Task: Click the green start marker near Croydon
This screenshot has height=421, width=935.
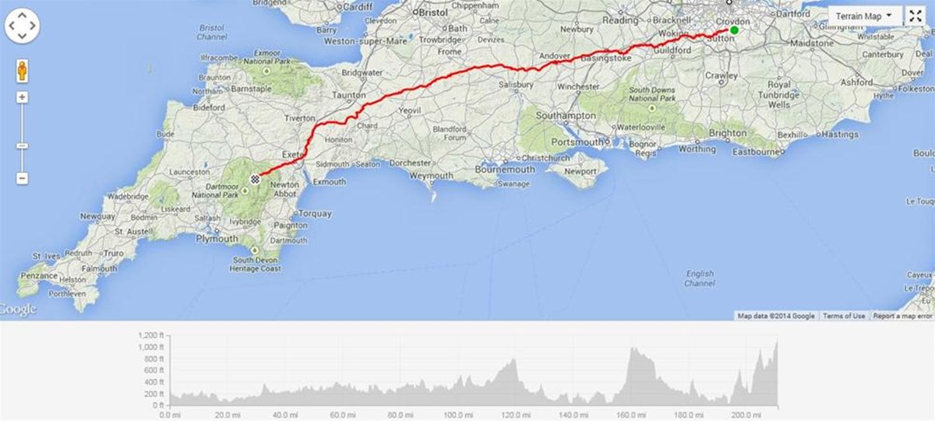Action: click(x=734, y=30)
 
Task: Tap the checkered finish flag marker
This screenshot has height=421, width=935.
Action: click(x=254, y=179)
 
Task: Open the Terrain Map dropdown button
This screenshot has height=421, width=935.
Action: click(x=864, y=16)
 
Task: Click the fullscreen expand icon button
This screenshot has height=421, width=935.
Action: click(x=915, y=16)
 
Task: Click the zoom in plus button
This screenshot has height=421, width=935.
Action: click(x=22, y=98)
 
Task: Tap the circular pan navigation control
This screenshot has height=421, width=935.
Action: click(x=22, y=28)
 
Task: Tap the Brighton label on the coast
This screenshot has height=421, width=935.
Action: click(x=728, y=133)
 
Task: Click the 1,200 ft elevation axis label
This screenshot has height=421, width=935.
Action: click(x=150, y=335)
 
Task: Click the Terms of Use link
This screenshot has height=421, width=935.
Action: click(x=844, y=316)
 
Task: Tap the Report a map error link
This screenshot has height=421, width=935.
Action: click(x=902, y=316)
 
